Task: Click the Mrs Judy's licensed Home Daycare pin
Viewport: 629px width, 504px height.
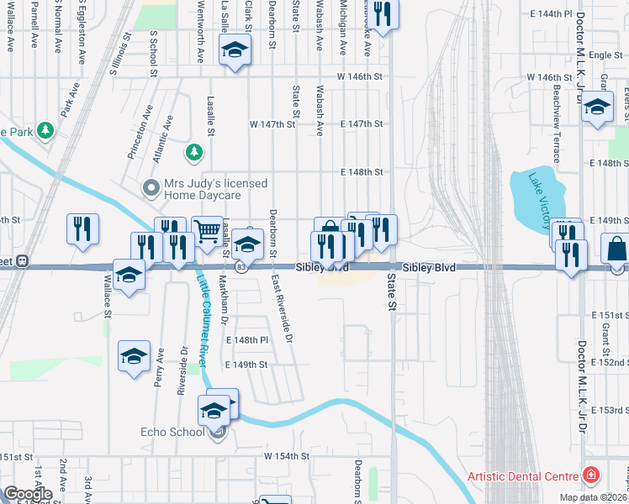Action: pos(151,187)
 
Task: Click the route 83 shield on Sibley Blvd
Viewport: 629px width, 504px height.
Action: pos(241,267)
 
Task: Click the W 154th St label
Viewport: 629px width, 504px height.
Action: pos(287,456)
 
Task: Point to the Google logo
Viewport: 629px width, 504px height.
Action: pos(28,494)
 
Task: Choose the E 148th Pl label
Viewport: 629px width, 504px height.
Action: pos(247,340)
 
